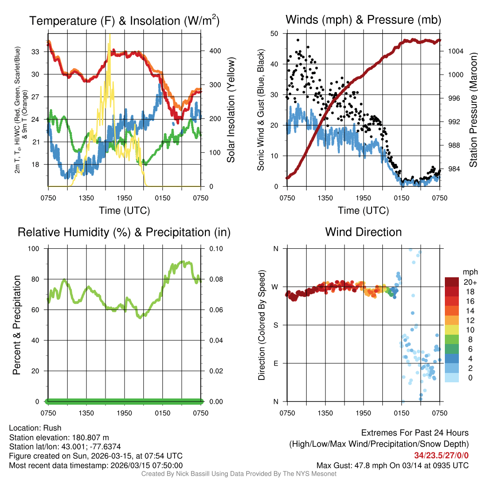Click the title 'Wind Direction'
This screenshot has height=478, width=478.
coord(363,232)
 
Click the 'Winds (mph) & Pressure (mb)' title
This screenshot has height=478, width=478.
coord(363,20)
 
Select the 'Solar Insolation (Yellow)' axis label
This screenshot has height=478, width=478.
coord(231,110)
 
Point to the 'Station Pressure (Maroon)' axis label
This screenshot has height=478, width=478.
coord(472,110)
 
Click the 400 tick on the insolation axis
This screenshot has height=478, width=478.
coord(210,51)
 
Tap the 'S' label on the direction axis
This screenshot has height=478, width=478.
coord(275,325)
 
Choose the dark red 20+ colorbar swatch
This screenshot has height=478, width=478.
coord(452,282)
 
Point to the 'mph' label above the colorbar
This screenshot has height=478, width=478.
coord(470,272)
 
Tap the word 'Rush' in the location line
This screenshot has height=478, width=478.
coord(53,428)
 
